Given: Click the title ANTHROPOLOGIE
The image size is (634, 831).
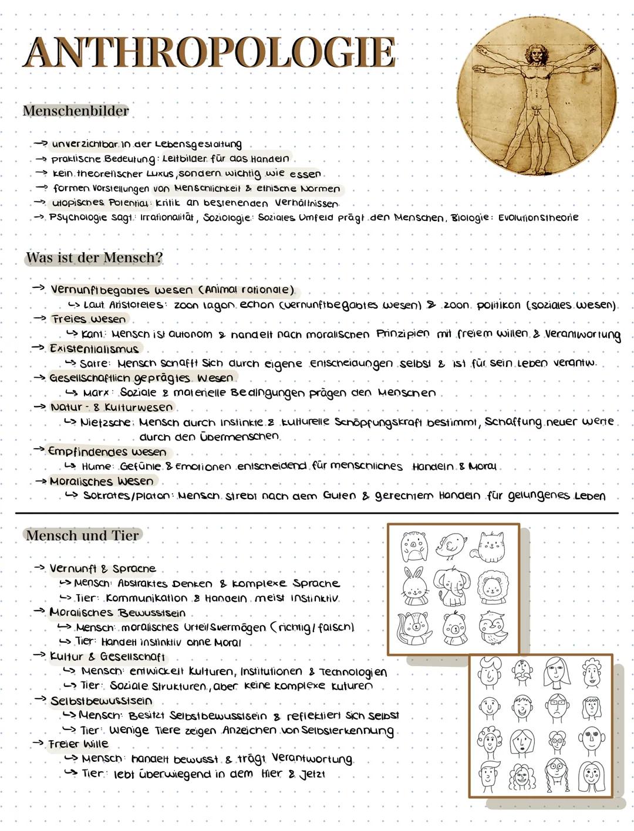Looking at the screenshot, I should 210,53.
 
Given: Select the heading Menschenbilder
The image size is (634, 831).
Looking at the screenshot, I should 76,111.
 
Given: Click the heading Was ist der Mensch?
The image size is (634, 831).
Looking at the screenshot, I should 94,257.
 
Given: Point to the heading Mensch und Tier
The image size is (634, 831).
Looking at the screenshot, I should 83,535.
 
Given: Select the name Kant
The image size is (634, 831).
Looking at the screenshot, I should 93,334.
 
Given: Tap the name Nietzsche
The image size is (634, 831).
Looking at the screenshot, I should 106,422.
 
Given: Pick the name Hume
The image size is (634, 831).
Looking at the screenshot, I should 97,466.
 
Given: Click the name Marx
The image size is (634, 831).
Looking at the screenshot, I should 97,392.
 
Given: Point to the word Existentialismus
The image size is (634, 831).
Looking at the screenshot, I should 94,348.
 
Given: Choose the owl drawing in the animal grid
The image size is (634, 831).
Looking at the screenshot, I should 491,628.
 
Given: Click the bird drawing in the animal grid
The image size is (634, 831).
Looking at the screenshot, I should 453,546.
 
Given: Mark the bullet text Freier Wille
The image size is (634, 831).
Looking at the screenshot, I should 79,744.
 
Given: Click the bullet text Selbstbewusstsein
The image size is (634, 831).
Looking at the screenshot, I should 101,701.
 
